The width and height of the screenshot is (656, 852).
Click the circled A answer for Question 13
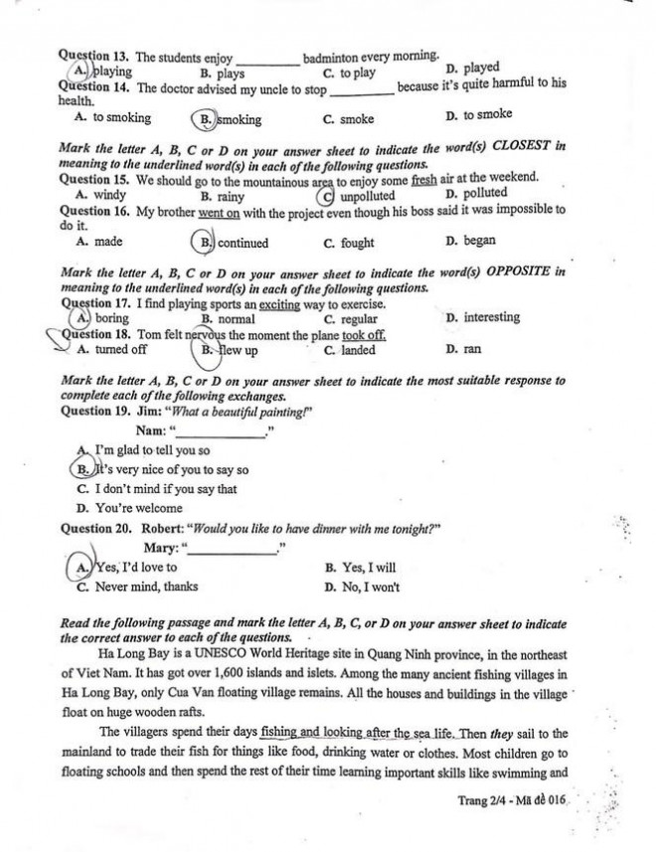79,72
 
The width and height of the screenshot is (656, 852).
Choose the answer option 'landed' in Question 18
357,351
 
